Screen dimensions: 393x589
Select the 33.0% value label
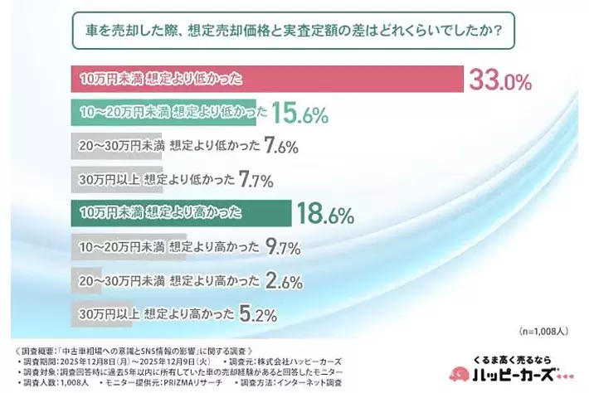(499, 80)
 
